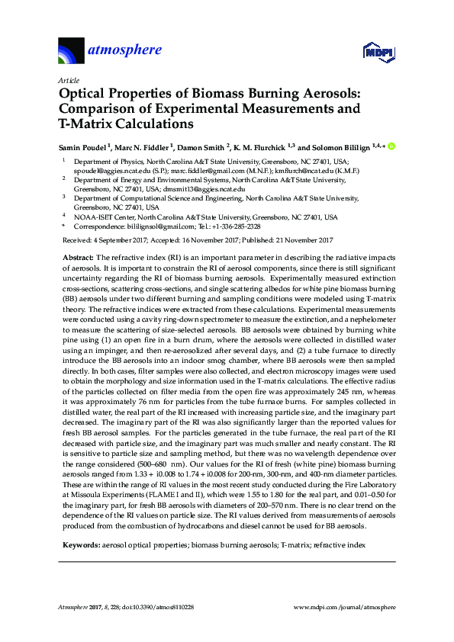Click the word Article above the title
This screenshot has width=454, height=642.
click(66, 80)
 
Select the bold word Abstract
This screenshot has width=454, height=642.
click(75, 258)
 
